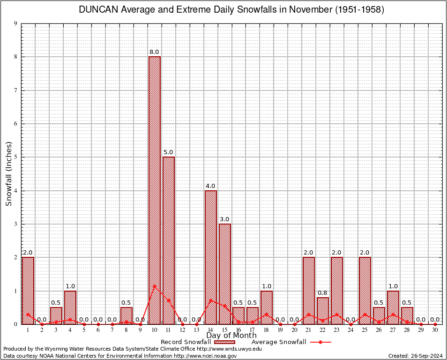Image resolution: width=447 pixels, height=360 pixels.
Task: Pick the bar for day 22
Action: click(323, 310)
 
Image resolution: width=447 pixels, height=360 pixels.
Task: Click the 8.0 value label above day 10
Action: click(154, 52)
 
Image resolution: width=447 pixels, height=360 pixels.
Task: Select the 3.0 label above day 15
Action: click(224, 219)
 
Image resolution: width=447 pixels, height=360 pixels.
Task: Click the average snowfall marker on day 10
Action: click(154, 285)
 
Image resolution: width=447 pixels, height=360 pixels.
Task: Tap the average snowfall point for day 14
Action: click(210, 300)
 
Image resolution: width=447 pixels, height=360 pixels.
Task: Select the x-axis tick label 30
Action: click(435, 330)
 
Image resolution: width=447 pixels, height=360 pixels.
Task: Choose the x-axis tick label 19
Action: click(281, 330)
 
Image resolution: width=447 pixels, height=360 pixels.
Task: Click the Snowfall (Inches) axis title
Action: click(8, 174)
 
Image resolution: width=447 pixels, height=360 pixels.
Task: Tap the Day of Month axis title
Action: click(231, 336)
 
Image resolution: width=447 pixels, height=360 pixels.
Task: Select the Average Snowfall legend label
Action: click(278, 342)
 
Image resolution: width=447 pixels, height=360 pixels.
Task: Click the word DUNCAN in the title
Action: click(98, 10)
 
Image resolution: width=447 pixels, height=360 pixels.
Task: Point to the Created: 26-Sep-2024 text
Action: click(416, 356)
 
